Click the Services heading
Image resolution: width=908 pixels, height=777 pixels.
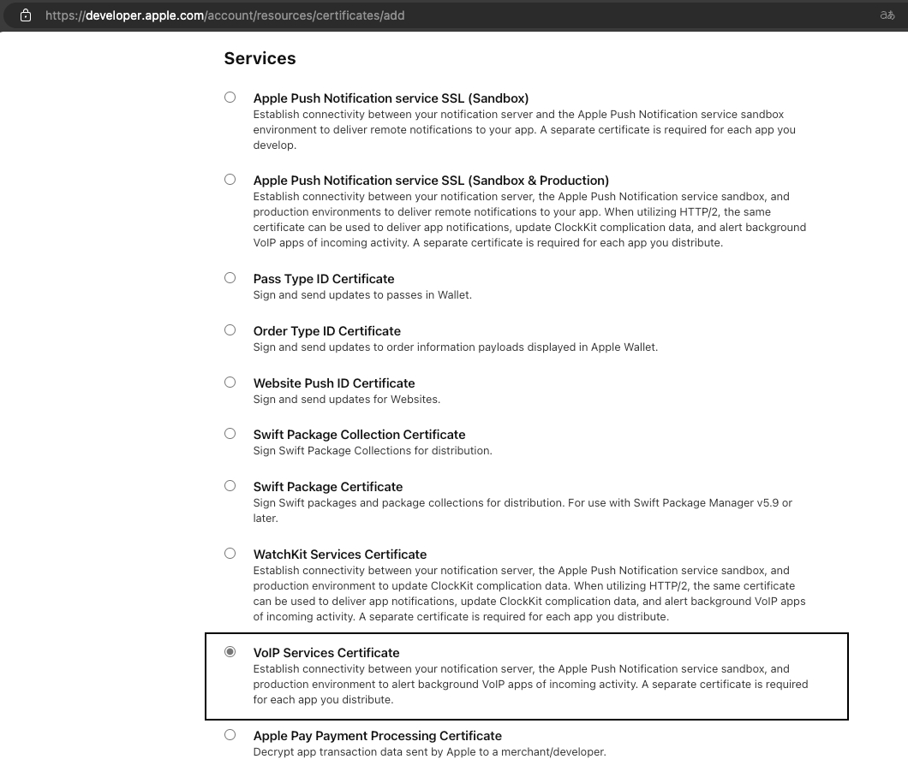click(260, 58)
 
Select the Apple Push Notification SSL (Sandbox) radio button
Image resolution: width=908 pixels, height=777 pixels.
click(230, 98)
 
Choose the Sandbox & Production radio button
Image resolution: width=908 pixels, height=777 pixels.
click(230, 180)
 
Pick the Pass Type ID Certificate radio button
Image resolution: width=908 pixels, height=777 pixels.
click(230, 278)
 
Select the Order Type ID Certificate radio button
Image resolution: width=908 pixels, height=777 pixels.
click(230, 330)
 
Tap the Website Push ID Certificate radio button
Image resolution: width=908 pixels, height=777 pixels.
click(230, 383)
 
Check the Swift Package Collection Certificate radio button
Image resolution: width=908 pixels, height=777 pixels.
click(230, 434)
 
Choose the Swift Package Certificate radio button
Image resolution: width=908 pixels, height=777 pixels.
click(230, 486)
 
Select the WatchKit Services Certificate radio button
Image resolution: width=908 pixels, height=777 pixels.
click(230, 554)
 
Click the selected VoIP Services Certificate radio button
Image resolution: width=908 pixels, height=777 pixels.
click(230, 652)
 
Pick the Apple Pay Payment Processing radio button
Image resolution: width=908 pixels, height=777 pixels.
click(230, 735)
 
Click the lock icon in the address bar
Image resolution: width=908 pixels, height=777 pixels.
click(26, 15)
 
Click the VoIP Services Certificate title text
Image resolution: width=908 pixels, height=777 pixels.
click(326, 653)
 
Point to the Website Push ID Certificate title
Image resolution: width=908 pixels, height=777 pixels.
click(334, 383)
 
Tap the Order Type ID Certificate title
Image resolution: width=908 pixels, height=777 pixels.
click(327, 331)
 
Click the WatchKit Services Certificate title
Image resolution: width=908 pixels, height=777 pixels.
click(340, 555)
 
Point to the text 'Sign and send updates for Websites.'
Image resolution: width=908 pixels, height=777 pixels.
click(347, 400)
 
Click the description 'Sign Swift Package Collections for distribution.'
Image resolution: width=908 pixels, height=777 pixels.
click(373, 451)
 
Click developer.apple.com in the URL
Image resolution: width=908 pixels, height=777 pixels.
click(144, 15)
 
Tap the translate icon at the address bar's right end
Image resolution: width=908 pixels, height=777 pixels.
click(887, 15)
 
